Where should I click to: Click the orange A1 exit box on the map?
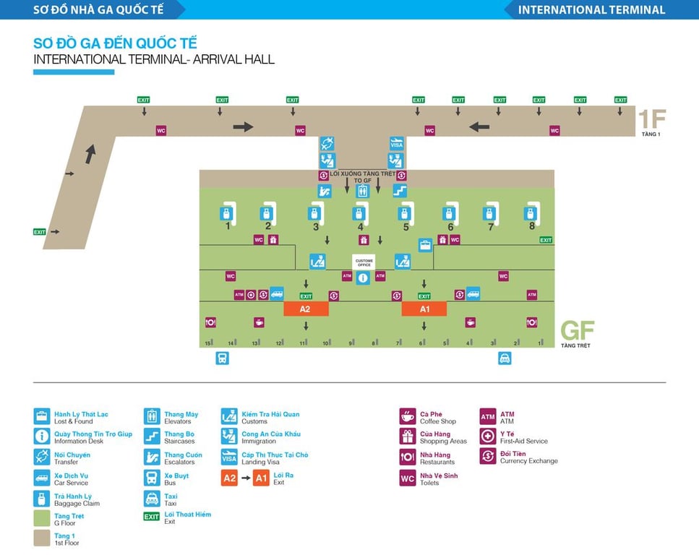coord(424,309)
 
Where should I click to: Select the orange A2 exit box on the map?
coord(306,309)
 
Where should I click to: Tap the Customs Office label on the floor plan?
coord(363,263)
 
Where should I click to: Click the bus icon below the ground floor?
coord(222,358)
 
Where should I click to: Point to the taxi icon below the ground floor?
coord(505,358)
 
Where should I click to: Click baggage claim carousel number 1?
coord(227,214)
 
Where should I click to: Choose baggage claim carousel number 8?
coord(531,214)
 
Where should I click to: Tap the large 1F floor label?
coord(651,118)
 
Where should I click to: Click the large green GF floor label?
coord(577,331)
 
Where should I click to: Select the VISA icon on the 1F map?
coord(397,143)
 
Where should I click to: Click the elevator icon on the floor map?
coord(363,191)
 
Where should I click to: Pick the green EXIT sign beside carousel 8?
coord(546,240)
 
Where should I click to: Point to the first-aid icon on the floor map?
coord(251,295)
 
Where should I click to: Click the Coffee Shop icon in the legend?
coord(408,416)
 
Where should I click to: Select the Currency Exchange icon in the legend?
coord(488,456)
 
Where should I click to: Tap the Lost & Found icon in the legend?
coord(42,416)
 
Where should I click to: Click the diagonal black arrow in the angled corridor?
coord(90,153)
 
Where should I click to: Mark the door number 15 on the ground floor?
coord(208,343)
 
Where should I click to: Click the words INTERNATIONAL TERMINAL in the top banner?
coord(591,9)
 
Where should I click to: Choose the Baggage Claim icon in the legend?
coord(42,499)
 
